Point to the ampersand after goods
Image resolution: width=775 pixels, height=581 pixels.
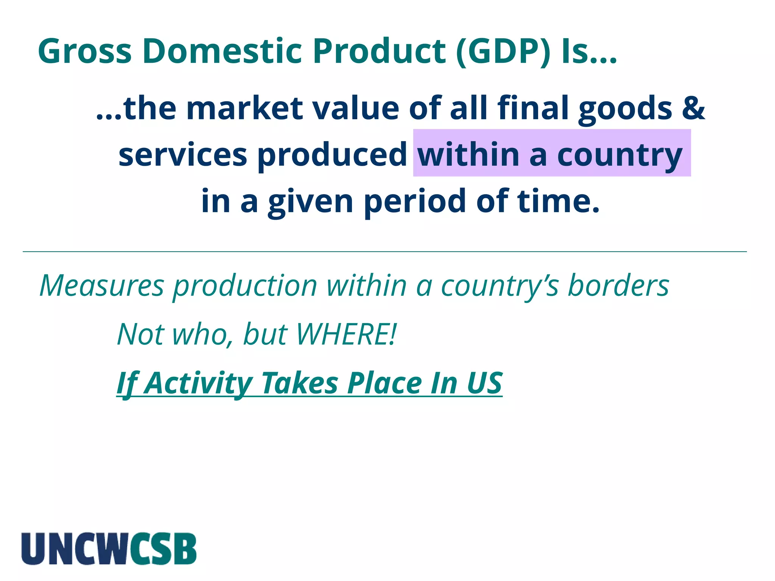[x=693, y=108]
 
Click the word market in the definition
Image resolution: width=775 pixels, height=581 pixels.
[x=244, y=108]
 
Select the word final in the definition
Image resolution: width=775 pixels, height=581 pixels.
[x=533, y=108]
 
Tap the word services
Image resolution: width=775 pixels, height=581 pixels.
[x=183, y=155]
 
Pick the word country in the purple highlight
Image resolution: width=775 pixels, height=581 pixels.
[x=620, y=155]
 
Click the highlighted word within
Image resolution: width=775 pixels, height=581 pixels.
[x=468, y=155]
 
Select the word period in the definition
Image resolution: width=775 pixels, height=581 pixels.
[x=415, y=201]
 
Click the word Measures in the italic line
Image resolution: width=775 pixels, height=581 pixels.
[x=102, y=286]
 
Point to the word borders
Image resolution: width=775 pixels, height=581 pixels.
[x=619, y=286]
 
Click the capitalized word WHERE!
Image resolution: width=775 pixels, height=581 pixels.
[x=346, y=334]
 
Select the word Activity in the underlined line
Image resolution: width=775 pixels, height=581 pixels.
[x=199, y=383]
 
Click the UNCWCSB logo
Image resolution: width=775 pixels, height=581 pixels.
[x=109, y=548]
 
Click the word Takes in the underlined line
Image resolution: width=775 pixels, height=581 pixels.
[x=300, y=383]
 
